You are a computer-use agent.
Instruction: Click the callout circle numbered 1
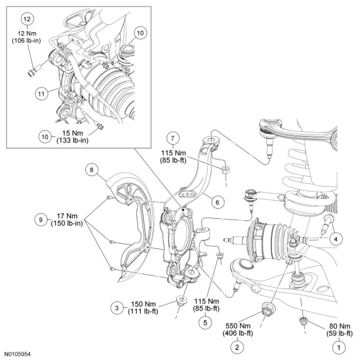tap(337, 347)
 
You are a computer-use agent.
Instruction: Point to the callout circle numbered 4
tap(336, 240)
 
